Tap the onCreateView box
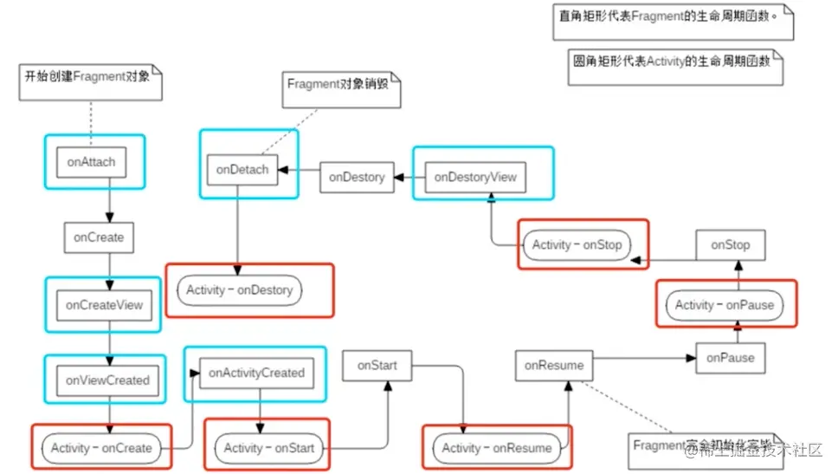pyautogui.click(x=104, y=305)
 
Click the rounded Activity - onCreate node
pyautogui.click(x=101, y=448)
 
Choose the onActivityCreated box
pyautogui.click(x=257, y=373)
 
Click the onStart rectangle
pyautogui.click(x=377, y=366)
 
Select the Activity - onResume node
pyautogui.click(x=496, y=448)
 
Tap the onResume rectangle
pyautogui.click(x=554, y=366)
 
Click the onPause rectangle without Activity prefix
pyautogui.click(x=730, y=357)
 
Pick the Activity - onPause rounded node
pyautogui.click(x=724, y=305)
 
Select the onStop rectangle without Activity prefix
pyautogui.click(x=730, y=245)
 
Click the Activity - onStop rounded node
pyautogui.click(x=577, y=244)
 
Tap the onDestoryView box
pyautogui.click(x=475, y=177)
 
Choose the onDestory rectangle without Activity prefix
pyautogui.click(x=357, y=177)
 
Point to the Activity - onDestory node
pyautogui.click(x=241, y=290)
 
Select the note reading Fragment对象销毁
pyautogui.click(x=342, y=87)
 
